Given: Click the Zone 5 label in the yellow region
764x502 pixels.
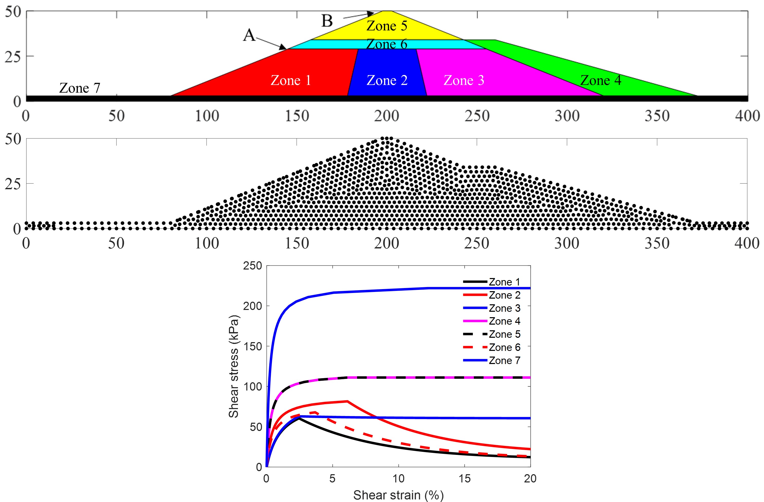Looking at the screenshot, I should click(387, 26).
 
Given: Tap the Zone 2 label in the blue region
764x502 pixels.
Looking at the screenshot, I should click(387, 80).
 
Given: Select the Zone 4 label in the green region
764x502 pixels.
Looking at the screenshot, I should click(601, 80).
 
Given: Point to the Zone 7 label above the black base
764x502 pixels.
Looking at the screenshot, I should click(79, 88).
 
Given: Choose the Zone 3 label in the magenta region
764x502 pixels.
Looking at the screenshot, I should click(464, 80).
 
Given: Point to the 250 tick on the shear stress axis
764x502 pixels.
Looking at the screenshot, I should click(253, 266).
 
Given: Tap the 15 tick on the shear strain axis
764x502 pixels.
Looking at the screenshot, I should click(465, 479).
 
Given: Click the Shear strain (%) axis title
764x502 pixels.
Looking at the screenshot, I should click(398, 495).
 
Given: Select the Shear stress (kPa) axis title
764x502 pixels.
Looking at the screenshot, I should click(234, 366).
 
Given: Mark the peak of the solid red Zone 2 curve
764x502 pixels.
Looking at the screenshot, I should click(347, 401).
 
